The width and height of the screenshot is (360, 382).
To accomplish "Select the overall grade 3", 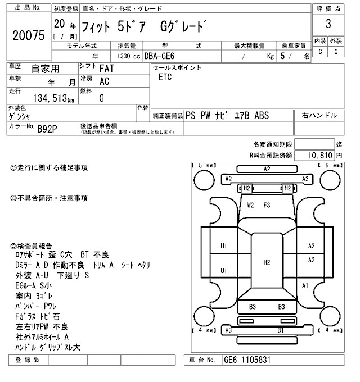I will pos(327,25).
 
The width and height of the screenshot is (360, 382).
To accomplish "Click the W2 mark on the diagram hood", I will pos(251,206).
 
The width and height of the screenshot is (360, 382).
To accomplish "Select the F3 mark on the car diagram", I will pos(267,206).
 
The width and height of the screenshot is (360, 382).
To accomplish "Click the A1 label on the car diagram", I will pos(305,286).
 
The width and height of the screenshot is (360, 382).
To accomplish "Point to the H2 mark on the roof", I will pos(267,262).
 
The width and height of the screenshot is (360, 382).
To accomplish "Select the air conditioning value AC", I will pos(104,81).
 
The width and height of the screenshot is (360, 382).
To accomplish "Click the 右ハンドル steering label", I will pos(319,116).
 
